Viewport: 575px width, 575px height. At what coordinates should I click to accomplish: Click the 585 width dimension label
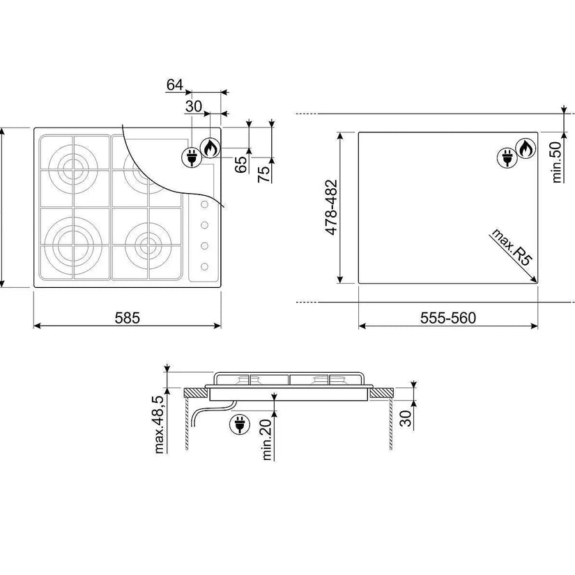click(128, 318)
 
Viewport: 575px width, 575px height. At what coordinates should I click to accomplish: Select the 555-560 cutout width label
click(447, 318)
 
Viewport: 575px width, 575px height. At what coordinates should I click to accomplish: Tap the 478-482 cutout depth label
click(331, 207)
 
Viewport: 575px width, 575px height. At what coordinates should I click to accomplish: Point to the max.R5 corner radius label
click(511, 247)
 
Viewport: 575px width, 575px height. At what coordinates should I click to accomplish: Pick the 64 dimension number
click(174, 85)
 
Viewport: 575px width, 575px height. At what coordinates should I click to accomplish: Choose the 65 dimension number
click(241, 164)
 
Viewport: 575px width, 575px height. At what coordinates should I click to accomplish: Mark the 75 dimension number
click(264, 174)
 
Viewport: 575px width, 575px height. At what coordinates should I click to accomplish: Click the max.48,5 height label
click(159, 424)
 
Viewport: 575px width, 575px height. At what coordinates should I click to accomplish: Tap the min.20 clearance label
click(267, 440)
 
